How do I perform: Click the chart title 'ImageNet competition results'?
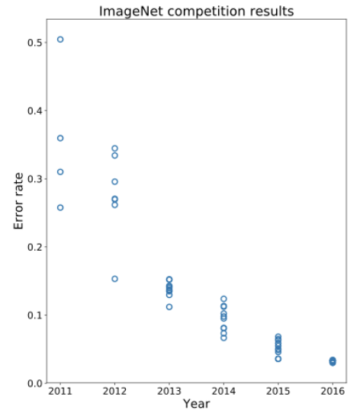[x=197, y=11]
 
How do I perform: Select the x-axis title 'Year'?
[x=197, y=404]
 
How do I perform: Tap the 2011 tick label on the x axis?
[x=60, y=392]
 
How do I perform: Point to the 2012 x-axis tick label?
[x=114, y=392]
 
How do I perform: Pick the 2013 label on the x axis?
[x=169, y=392]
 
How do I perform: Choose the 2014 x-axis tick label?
[x=223, y=392]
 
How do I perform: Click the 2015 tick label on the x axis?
[x=278, y=392]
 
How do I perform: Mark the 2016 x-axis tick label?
[x=332, y=392]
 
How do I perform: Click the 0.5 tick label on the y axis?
[x=35, y=43]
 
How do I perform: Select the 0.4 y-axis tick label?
[x=35, y=110]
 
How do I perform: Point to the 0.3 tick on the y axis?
[x=35, y=179]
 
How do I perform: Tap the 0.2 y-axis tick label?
[x=35, y=247]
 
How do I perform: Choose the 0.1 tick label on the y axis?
[x=35, y=315]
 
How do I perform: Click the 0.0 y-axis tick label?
[x=35, y=383]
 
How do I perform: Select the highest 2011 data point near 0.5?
[x=60, y=40]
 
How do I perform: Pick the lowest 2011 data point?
[x=60, y=207]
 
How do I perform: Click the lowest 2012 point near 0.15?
[x=114, y=279]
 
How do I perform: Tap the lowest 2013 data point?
[x=169, y=307]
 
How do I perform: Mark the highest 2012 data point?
[x=114, y=149]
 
